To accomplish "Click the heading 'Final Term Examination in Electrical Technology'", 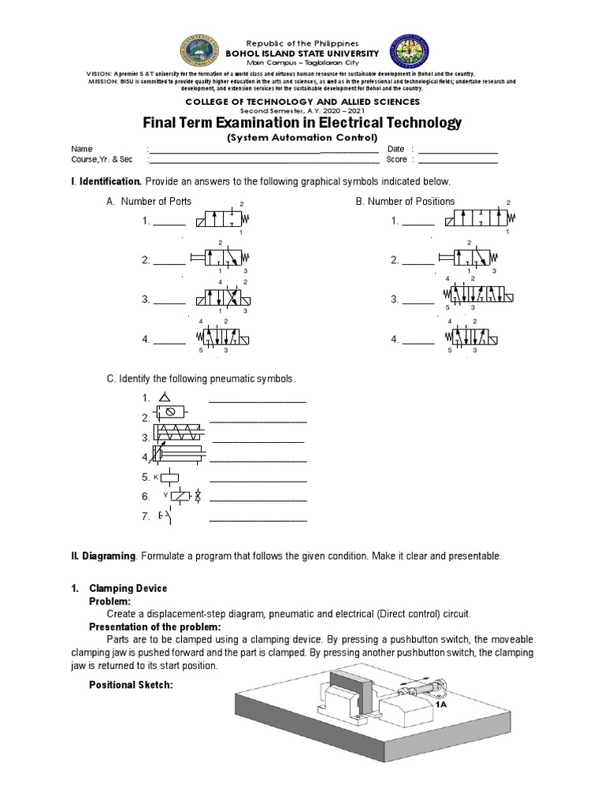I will (x=301, y=123).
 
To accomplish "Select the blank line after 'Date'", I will (x=458, y=150).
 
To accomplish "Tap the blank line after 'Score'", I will (x=458, y=160).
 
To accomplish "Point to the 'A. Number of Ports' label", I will (x=149, y=202).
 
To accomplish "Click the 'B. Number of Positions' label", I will (x=405, y=202).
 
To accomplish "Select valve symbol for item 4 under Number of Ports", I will (x=222, y=340).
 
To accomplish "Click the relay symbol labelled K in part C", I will (x=169, y=477).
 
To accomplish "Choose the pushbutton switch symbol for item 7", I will (x=165, y=517).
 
